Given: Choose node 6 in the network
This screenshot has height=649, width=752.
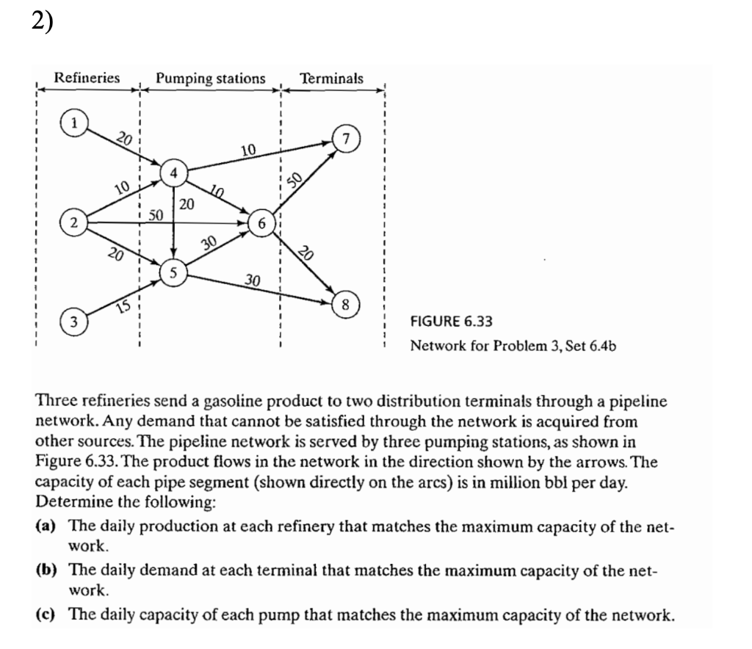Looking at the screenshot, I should (262, 222).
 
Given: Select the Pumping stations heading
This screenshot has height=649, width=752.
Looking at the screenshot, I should (211, 77).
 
